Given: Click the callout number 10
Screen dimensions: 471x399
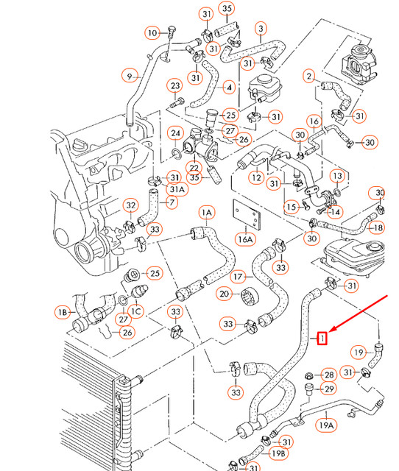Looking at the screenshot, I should (x=152, y=33).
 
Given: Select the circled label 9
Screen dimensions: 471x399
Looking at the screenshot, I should (x=130, y=75).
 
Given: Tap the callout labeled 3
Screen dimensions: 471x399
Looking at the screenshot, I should (x=261, y=29).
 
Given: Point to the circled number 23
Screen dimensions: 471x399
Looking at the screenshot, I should (x=175, y=86).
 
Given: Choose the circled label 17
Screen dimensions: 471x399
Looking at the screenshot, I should (x=238, y=277).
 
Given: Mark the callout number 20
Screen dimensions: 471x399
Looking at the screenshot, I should (x=225, y=294).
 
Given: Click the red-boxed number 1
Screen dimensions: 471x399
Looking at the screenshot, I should (x=321, y=338).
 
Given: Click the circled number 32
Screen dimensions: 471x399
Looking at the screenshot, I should (x=130, y=205).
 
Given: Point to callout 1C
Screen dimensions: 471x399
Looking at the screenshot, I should (x=136, y=311).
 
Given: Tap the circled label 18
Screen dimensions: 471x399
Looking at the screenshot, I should (x=376, y=228).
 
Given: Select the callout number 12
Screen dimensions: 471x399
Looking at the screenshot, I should (x=255, y=177).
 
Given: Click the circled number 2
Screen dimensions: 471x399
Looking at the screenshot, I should (x=309, y=75).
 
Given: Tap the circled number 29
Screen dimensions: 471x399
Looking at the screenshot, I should (x=328, y=389).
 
